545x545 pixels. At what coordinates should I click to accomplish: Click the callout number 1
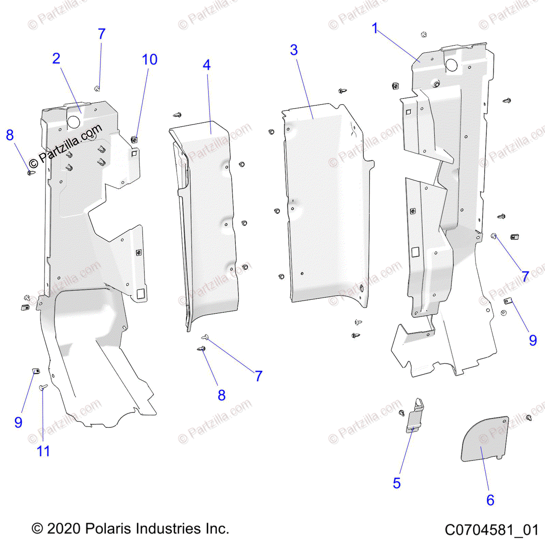375,29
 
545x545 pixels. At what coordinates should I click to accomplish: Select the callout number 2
56,59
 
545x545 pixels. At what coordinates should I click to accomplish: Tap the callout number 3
294,50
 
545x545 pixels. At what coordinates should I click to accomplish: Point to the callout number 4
207,65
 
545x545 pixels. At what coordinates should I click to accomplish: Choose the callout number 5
396,483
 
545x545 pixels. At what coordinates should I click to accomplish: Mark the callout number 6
490,500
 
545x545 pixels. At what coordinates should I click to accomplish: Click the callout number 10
149,59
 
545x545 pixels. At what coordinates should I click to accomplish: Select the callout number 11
43,451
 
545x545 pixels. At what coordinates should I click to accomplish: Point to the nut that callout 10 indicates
135,139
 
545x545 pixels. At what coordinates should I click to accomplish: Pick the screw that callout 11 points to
44,387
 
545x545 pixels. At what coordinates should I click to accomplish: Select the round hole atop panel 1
451,65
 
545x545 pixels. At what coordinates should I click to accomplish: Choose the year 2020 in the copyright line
64,529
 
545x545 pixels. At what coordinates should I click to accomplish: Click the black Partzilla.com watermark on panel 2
65,144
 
